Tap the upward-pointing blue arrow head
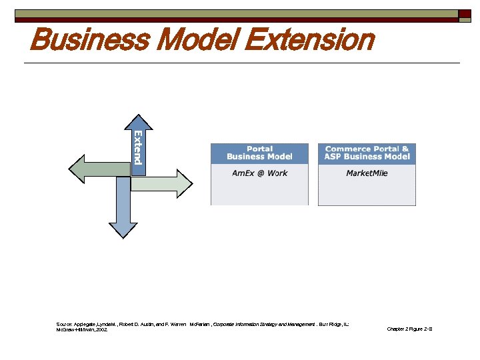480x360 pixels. (x=138, y=119)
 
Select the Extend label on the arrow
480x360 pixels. (x=138, y=147)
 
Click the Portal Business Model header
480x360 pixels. (x=259, y=153)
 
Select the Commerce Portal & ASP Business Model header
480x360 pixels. (x=367, y=153)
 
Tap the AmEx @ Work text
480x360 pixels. (x=259, y=173)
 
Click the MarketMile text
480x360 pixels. (x=367, y=173)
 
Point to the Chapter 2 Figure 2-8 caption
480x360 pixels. (x=409, y=329)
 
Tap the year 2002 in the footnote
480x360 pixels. (x=101, y=329)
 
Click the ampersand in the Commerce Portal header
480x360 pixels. (x=405, y=149)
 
